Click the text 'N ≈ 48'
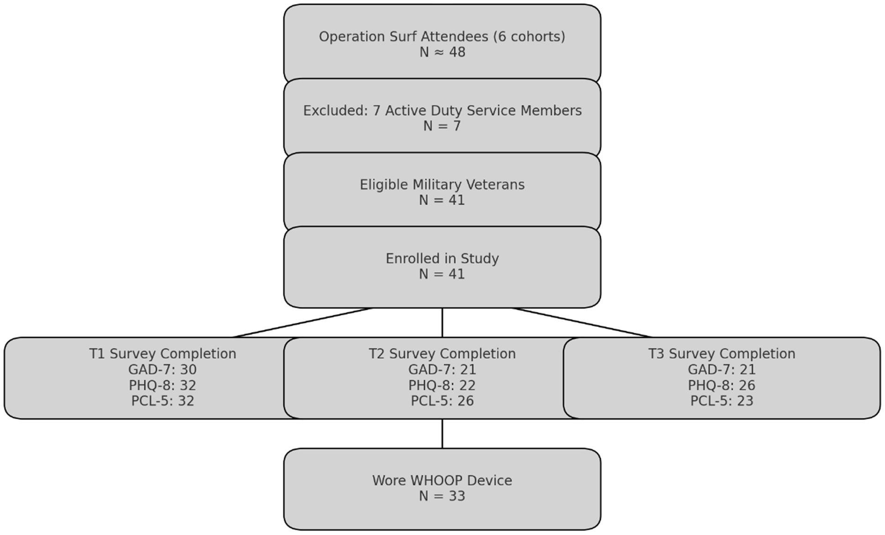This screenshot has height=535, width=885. [x=442, y=52]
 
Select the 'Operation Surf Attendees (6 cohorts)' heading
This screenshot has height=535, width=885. [x=442, y=37]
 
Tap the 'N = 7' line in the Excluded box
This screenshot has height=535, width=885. [x=442, y=126]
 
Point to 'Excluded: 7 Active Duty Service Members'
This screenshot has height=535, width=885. [x=442, y=111]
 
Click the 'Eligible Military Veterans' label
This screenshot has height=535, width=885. [x=442, y=185]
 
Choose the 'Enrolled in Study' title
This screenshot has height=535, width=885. [x=442, y=259]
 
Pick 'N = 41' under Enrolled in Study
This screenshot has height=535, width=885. [x=442, y=274]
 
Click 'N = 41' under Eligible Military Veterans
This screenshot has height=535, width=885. [x=442, y=200]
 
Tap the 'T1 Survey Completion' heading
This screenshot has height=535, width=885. [x=162, y=354]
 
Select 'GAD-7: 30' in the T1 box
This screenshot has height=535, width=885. [x=162, y=370]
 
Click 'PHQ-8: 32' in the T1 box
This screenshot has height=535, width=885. [x=162, y=386]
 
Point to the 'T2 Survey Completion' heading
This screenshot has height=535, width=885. [x=442, y=354]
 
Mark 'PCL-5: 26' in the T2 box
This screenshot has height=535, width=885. [x=442, y=401]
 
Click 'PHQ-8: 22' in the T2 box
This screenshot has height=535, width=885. [x=442, y=386]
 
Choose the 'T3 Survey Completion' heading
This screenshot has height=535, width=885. [x=722, y=354]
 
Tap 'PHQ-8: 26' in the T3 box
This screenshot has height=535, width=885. [x=722, y=386]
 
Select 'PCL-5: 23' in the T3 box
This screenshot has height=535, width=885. [x=722, y=401]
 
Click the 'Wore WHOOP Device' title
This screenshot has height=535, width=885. [x=442, y=481]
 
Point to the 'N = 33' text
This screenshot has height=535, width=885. [x=442, y=496]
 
